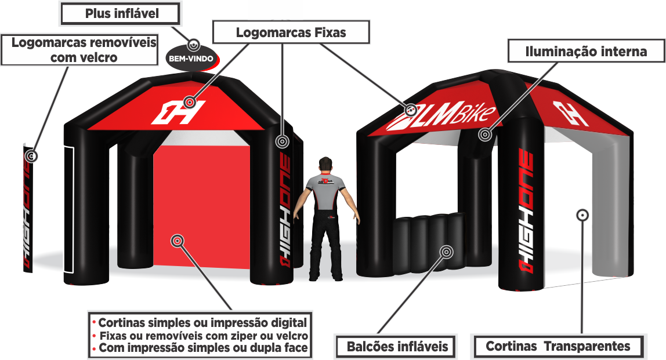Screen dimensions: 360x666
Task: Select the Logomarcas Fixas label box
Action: click(291, 32)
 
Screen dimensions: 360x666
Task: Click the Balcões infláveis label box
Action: click(397, 347)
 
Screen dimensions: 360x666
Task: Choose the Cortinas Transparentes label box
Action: click(558, 347)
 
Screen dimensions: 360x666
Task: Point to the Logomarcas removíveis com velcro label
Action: click(79, 50)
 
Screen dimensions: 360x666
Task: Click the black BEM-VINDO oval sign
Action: click(190, 59)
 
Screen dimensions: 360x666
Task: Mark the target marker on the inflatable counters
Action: click(446, 252)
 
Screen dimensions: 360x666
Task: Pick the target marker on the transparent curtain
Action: click(582, 216)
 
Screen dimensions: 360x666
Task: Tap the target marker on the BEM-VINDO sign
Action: click(194, 44)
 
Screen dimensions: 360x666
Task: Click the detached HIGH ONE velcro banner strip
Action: click(27, 209)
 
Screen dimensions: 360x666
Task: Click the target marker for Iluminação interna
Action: click(484, 134)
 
